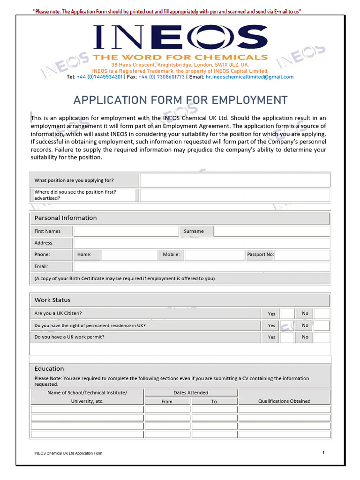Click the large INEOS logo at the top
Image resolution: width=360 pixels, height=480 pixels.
coord(180,37)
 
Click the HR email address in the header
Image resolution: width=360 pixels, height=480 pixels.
coord(249,77)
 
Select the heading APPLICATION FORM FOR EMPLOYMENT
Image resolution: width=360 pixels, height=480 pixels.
coord(180,100)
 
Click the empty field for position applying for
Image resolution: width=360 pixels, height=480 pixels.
coord(235,180)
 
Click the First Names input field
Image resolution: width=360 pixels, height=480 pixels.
coord(126,231)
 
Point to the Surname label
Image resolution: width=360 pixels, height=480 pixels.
coord(194,231)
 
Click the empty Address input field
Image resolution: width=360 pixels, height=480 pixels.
coord(202,243)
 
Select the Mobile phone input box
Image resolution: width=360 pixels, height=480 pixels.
coord(214,255)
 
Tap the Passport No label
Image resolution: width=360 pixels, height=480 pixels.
coord(260,255)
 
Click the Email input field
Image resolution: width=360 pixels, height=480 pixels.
coord(202,267)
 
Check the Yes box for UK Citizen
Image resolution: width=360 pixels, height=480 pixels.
coord(287,314)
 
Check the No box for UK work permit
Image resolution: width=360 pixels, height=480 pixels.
coord(322,337)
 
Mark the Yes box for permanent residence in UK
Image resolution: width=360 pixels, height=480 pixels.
coord(287,325)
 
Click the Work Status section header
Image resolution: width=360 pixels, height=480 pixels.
coord(52,300)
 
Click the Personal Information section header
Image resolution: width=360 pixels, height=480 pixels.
coord(66,218)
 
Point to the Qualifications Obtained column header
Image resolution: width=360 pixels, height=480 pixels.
coord(284,401)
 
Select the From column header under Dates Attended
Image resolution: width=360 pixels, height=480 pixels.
coord(167,402)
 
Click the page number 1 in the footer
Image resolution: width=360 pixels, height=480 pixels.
coord(323,452)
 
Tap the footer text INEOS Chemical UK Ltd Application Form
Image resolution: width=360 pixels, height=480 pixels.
coord(68,453)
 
